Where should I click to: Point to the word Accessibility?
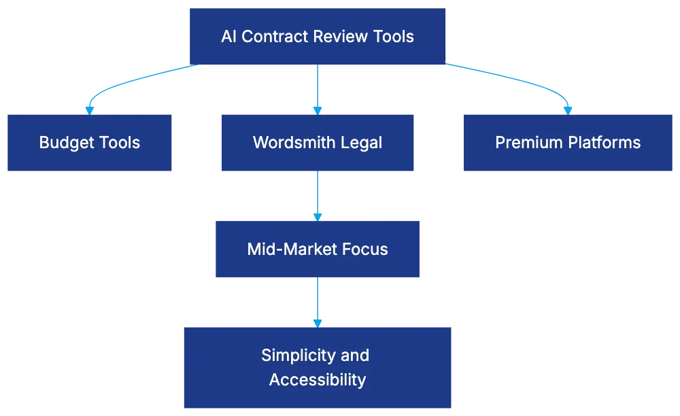point(317,379)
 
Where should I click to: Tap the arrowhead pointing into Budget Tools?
point(88,109)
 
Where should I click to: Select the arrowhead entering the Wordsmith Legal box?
point(318,109)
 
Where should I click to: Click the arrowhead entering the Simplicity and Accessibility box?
point(318,321)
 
